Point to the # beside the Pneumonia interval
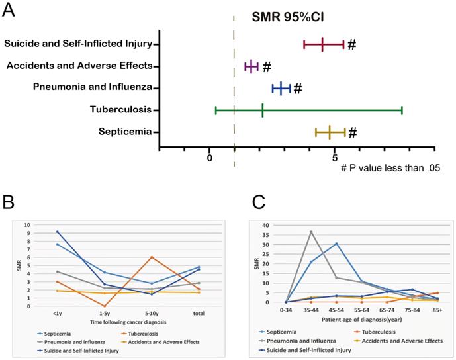[x=298, y=88]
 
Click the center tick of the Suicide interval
[x=322, y=44]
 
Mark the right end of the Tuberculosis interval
[x=402, y=110]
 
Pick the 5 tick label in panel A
[x=335, y=157]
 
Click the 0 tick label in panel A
[x=210, y=157]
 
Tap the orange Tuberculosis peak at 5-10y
[x=152, y=257]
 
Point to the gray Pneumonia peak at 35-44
[x=311, y=232]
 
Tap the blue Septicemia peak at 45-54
[x=336, y=244]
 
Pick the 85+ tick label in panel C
[x=437, y=310]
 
